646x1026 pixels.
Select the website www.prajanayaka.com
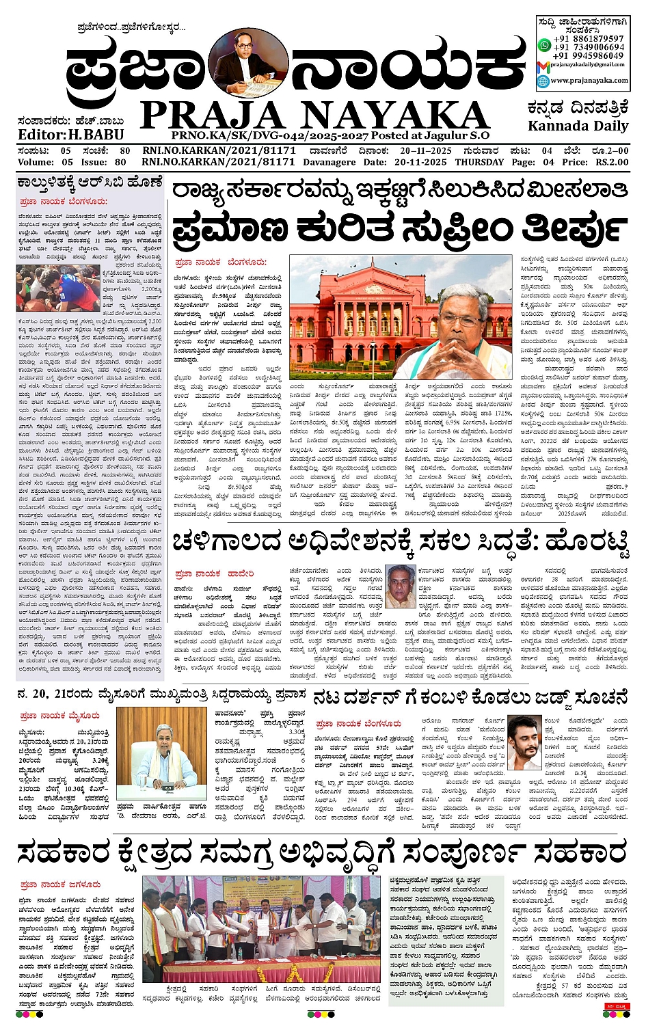[x=589, y=81]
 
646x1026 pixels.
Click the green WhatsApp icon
[x=544, y=45]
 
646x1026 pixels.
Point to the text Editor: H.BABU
[x=71, y=135]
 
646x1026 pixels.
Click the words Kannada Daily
[x=578, y=126]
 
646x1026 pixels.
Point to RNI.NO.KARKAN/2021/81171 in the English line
[x=219, y=162]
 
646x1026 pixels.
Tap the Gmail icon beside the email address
[x=543, y=65]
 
